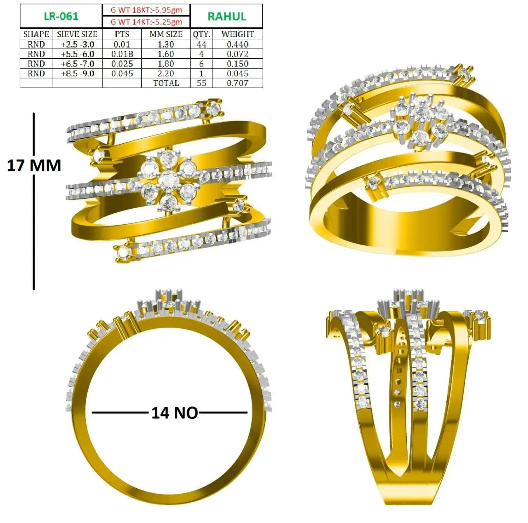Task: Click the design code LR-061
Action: point(61,16)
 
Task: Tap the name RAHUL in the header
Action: point(227,17)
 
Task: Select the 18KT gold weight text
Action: point(146,10)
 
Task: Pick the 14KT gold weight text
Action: point(146,22)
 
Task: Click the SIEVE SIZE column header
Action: point(77,34)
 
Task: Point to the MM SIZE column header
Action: point(166,34)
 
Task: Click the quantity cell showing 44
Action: point(201,45)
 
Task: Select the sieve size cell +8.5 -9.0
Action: point(78,74)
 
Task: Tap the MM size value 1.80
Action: point(166,64)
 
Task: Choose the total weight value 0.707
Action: point(238,83)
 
